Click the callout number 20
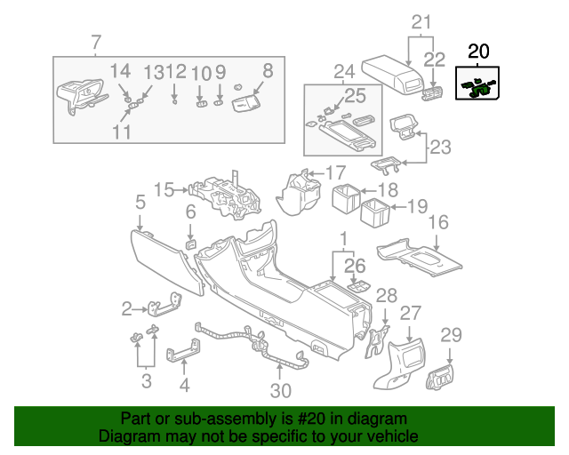(478, 52)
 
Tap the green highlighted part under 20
(477, 86)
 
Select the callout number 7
(96, 42)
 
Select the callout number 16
(439, 221)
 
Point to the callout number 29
(452, 335)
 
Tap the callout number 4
(184, 386)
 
